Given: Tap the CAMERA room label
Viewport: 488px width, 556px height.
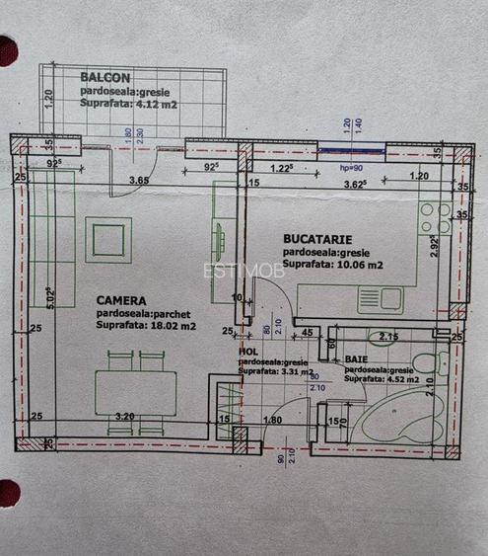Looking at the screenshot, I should pos(121,300).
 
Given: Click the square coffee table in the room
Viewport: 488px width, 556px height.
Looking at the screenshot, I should pos(107,239).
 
